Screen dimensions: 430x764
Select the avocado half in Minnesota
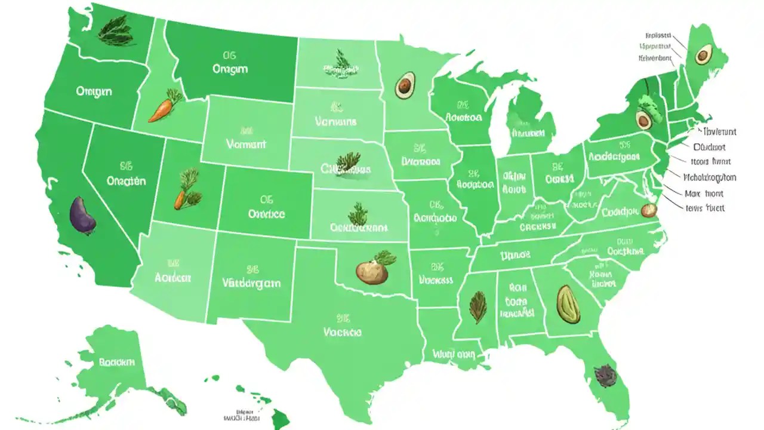405,85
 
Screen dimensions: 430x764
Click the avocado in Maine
703,55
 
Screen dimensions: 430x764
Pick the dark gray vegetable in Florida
601,373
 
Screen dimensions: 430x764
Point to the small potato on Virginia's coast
648,210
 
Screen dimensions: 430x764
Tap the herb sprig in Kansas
359,213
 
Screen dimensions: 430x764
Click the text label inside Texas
342,331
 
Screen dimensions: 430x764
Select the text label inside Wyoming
246,144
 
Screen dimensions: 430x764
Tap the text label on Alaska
118,362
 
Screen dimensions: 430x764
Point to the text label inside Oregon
94,91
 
